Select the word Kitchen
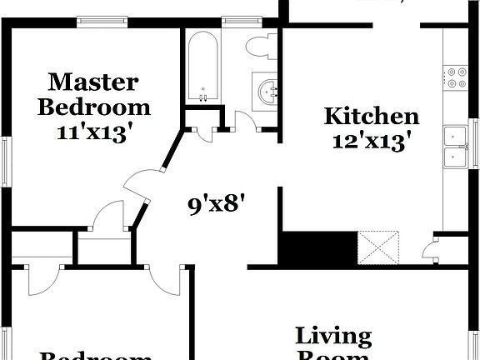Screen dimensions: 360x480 pyautogui.click(x=371, y=117)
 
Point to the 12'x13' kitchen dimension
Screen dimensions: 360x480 pyautogui.click(x=371, y=142)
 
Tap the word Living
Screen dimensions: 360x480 pyautogui.click(x=333, y=337)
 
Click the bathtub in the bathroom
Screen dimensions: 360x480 pyautogui.click(x=202, y=65)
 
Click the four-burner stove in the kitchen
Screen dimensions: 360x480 pyautogui.click(x=457, y=77)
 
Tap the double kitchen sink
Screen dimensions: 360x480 pyautogui.click(x=455, y=146)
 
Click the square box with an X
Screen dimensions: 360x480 pyautogui.click(x=379, y=247)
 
